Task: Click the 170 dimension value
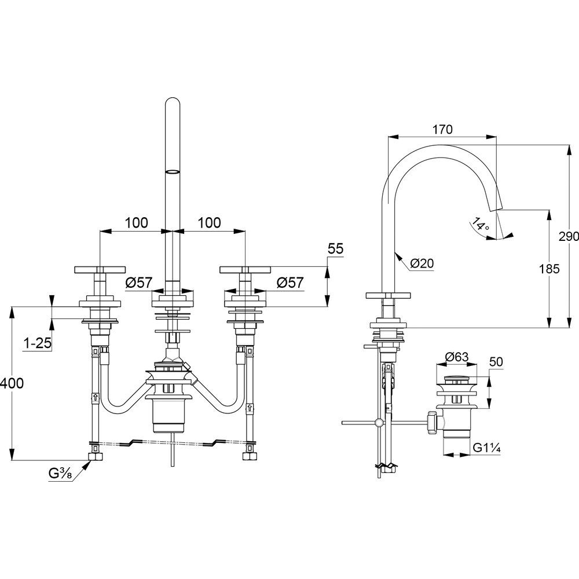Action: pos(442,129)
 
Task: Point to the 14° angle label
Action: pos(480,224)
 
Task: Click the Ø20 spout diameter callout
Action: pos(422,263)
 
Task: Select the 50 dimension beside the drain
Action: pos(496,362)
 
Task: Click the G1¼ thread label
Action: pos(486,447)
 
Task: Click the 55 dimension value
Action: pos(335,249)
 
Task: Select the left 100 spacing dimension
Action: pos(136,222)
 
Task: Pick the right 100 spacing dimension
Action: pos(208,222)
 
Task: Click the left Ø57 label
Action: pos(138,283)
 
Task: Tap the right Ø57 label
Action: pos(290,283)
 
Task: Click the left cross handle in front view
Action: pos(100,269)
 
